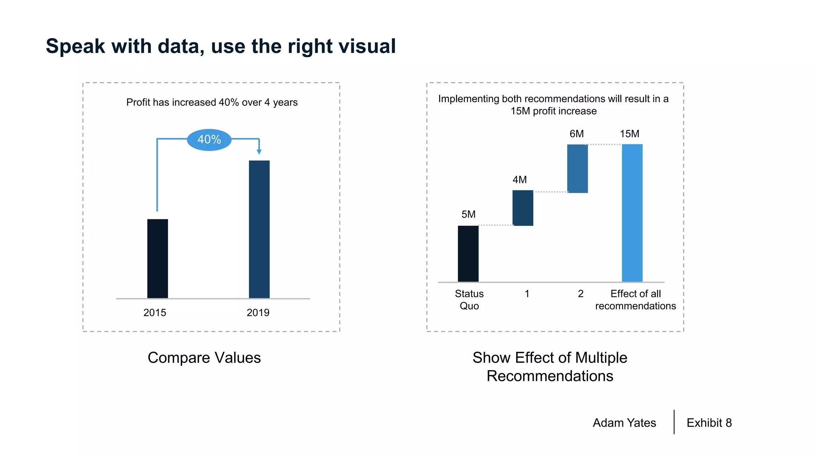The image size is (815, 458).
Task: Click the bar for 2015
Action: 158,258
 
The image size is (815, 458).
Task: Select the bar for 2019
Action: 259,229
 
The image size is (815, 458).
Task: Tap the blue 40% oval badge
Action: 209,140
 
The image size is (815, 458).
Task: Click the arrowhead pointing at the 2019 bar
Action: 259,152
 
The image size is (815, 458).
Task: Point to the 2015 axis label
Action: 154,312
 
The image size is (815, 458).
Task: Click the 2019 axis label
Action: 258,312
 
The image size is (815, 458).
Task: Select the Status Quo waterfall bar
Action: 468,254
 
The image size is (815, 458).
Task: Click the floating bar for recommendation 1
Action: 523,208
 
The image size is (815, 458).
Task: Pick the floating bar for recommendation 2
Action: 577,169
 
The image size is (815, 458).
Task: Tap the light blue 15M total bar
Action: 632,213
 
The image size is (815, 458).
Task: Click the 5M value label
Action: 468,214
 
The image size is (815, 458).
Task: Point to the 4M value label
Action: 519,180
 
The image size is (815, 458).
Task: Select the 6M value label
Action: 576,134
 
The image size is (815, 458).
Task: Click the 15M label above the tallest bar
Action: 629,134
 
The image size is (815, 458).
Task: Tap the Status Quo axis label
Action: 469,300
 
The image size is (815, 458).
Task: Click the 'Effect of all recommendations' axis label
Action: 635,300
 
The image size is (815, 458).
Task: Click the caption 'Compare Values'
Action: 204,357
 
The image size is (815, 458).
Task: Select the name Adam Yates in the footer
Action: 624,423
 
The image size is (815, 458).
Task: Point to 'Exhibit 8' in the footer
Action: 709,423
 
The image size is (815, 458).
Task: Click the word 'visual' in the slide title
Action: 367,46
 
